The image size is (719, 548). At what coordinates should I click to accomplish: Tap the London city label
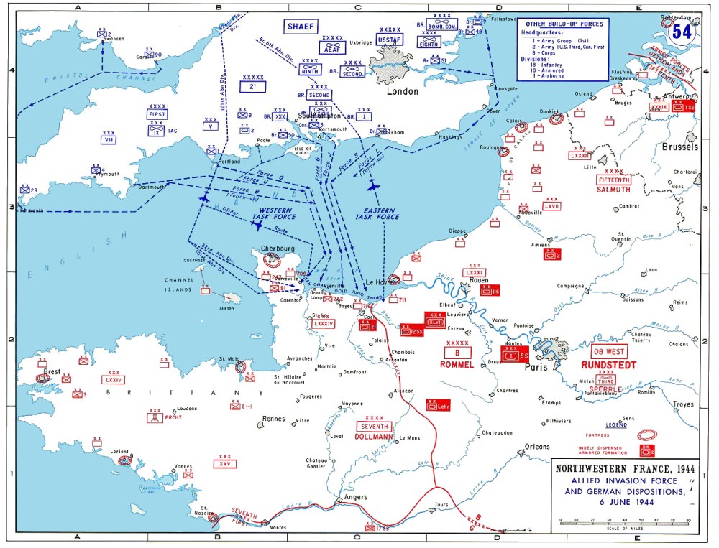click(402, 92)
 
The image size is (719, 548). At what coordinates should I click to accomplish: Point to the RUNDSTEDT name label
click(608, 365)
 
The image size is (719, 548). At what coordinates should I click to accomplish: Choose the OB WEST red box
click(608, 352)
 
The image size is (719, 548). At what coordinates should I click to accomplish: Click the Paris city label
click(536, 366)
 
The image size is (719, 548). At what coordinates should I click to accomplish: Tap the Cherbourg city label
click(278, 249)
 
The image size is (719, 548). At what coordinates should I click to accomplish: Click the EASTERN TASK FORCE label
click(377, 213)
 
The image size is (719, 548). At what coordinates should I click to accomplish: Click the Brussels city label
click(679, 147)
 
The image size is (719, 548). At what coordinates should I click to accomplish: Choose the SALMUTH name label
click(613, 190)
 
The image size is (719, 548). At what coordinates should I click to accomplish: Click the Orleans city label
click(536, 447)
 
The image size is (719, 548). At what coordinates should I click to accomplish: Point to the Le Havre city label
click(377, 282)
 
